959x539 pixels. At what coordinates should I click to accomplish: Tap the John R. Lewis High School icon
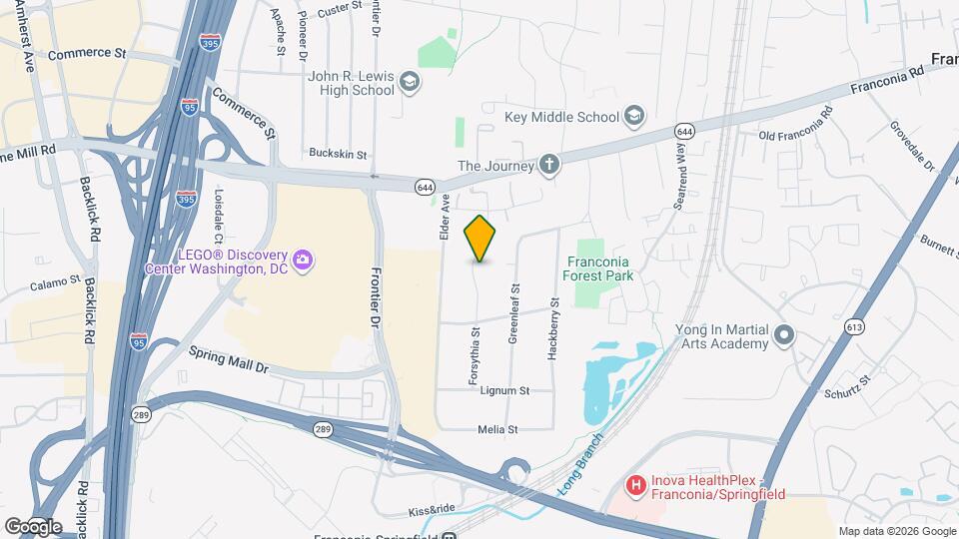point(409,82)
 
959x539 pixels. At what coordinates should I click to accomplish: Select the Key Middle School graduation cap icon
point(633,117)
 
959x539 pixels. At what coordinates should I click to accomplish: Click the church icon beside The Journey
point(548,165)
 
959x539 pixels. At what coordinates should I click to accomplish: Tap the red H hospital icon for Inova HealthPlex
point(634,486)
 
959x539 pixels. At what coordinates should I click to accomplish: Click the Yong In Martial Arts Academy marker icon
point(784,335)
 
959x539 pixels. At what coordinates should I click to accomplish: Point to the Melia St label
point(498,430)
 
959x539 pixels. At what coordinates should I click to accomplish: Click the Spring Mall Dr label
point(229,360)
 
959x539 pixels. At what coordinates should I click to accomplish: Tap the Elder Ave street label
point(445,217)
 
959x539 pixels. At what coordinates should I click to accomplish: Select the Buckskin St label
point(338,155)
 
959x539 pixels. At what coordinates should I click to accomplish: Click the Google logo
point(32,526)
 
